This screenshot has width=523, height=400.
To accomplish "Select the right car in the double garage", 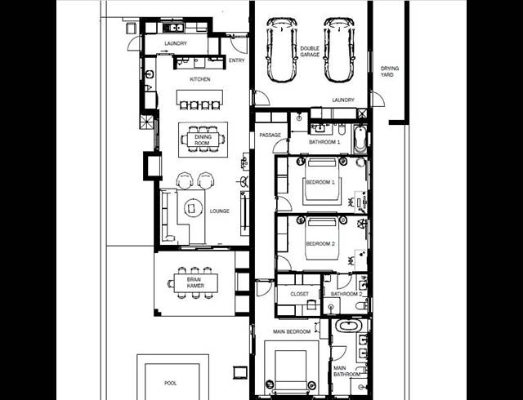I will point(340,51).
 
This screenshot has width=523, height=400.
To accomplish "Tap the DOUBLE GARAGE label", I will point(311,51).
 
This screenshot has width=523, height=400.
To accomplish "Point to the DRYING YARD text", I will point(389,71).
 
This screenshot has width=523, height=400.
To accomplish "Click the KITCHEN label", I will point(200,79).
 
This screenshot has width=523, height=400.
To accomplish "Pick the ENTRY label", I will point(237,60).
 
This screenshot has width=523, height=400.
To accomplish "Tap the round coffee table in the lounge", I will point(196,207).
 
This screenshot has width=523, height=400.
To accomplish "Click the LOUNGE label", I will point(219,211).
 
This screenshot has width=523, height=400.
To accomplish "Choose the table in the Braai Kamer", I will point(195,282).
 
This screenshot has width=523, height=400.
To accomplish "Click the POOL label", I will point(170,382).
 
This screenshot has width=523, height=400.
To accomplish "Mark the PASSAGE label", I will point(270,135).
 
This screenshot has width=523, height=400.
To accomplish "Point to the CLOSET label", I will point(299,294).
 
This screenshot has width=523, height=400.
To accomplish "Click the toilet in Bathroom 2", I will point(360,304).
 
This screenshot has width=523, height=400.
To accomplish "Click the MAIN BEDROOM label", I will point(292,331).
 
